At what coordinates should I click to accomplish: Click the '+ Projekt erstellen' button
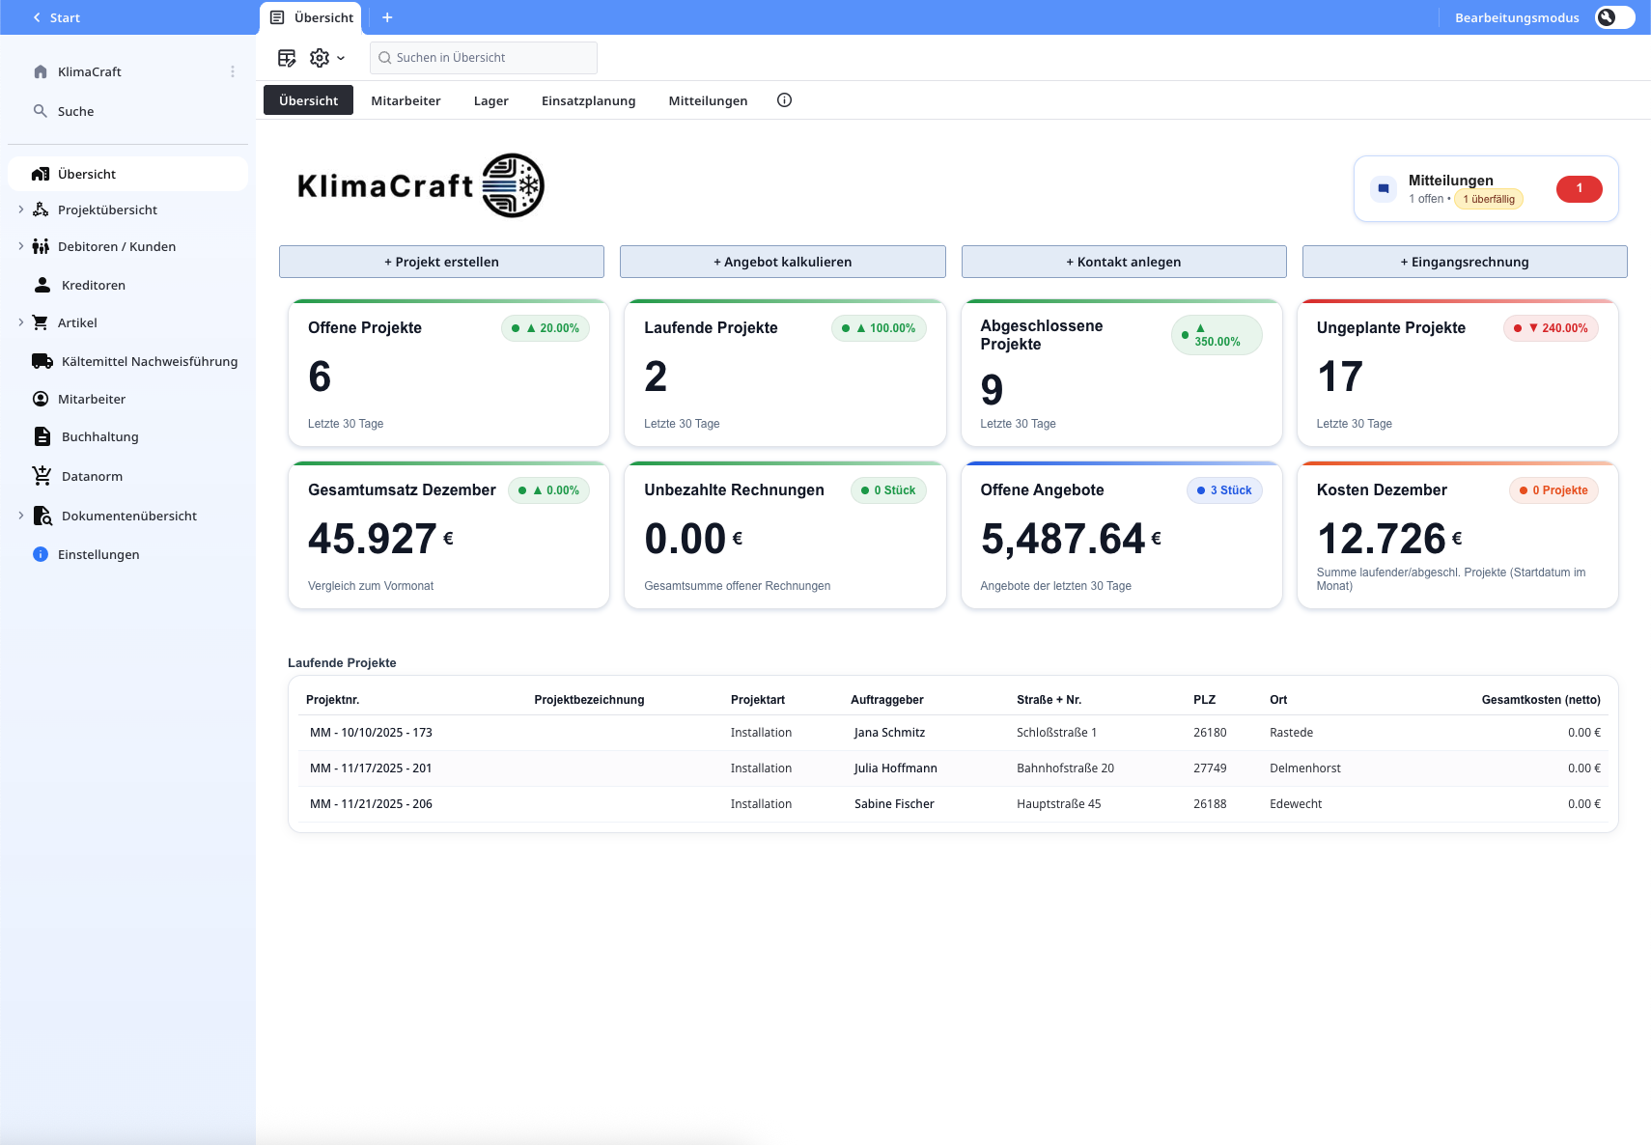tap(441, 262)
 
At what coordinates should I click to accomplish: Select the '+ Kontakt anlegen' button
tap(1123, 262)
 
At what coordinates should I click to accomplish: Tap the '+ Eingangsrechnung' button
tap(1464, 262)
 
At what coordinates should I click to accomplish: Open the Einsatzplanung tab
tap(588, 100)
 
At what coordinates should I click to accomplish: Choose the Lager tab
tap(490, 100)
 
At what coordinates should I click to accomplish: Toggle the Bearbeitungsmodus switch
tap(1614, 17)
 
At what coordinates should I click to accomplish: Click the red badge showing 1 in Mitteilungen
tap(1579, 189)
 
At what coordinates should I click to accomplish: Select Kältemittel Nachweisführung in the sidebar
tap(149, 361)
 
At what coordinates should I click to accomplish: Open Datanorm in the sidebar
tap(92, 476)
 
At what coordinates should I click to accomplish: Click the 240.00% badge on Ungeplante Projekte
tap(1551, 328)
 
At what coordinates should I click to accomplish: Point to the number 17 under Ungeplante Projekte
tap(1340, 377)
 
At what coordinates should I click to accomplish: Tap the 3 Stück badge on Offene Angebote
tap(1224, 490)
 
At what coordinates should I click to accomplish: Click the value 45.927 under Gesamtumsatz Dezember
tap(373, 539)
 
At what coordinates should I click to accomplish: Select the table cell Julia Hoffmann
tap(895, 768)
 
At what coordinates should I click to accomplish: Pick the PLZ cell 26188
tap(1209, 804)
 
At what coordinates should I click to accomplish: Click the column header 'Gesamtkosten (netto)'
tap(1540, 700)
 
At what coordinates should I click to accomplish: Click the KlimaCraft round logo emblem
tap(513, 185)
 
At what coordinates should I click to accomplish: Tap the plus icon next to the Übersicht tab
tap(387, 17)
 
